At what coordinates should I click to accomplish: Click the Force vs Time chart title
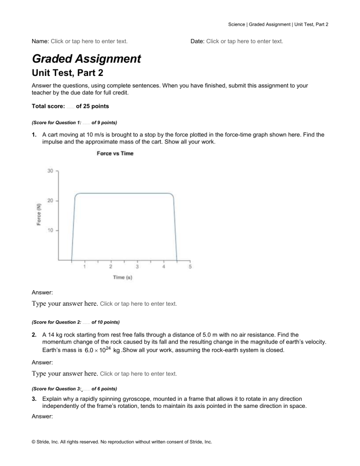115,153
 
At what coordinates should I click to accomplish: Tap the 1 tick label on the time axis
84,267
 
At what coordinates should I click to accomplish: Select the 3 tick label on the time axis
137,267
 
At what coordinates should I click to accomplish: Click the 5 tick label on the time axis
190,267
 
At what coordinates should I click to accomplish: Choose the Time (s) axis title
123,278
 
